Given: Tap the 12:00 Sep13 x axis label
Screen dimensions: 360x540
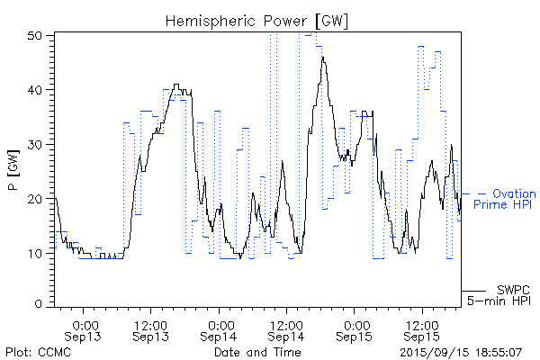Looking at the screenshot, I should point(150,329).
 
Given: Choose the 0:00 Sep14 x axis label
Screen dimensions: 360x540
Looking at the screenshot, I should point(219,329).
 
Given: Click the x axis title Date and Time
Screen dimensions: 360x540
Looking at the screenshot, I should point(256,351).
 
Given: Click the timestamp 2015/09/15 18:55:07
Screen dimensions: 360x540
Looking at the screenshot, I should point(460,351).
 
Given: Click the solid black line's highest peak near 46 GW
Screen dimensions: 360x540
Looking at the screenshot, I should point(322,58).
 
